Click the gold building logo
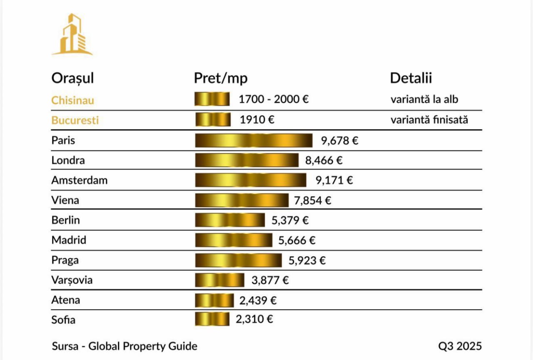tap(72, 35)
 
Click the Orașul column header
tap(72, 78)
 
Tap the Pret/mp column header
tap(221, 78)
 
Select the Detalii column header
tap(411, 78)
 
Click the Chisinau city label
tap(72, 100)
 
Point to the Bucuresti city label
tap(75, 120)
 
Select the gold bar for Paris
tap(254, 140)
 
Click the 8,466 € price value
tap(324, 160)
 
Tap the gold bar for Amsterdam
tap(251, 180)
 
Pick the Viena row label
tap(65, 200)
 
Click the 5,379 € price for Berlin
tap(290, 220)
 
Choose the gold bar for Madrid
tap(234, 240)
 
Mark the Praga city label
tap(65, 260)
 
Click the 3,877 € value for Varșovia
tap(270, 280)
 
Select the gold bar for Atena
tap(214, 300)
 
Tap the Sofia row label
tap(63, 320)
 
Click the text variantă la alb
tap(424, 100)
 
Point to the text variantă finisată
tap(429, 120)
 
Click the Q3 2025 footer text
tap(460, 346)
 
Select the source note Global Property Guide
tap(143, 346)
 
